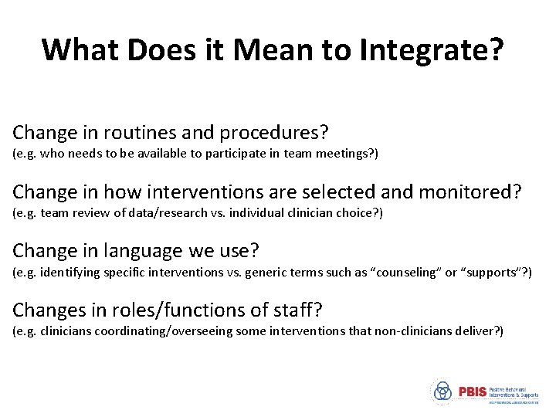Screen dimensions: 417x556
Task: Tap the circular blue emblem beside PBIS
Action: coord(442,391)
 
